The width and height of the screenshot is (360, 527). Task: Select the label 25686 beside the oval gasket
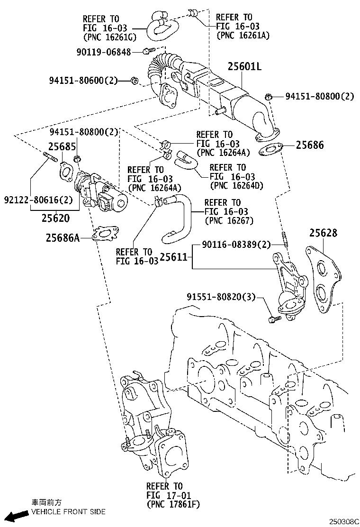coord(310,145)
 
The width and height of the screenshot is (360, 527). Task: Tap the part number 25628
coord(324,233)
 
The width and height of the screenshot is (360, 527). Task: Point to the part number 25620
coord(55,218)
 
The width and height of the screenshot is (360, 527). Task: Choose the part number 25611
coord(175,257)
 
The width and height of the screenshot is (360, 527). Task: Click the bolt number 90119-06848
coord(103,52)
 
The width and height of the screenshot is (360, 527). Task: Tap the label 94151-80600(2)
coord(82,81)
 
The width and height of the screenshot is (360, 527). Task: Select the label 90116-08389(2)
coord(235,245)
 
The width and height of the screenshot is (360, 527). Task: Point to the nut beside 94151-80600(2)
coord(134,82)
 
